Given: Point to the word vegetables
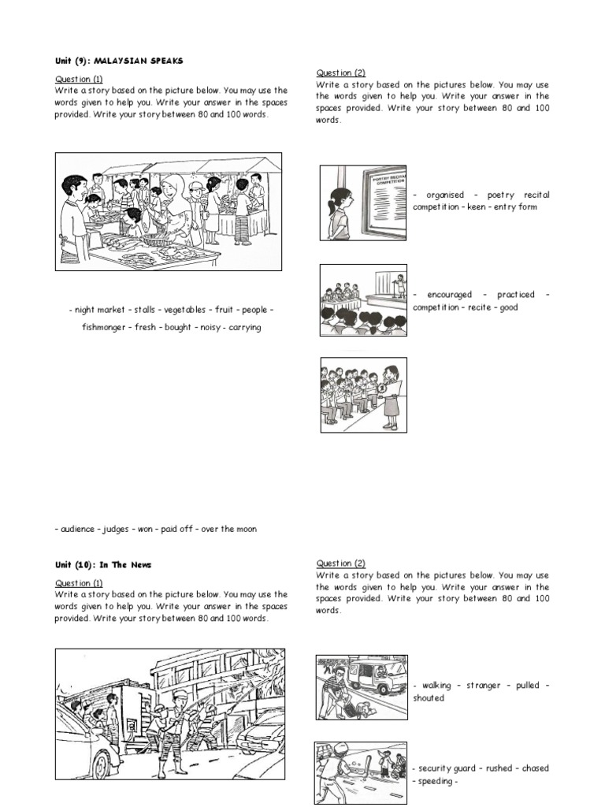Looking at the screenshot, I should (x=185, y=311).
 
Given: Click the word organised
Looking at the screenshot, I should (x=445, y=195).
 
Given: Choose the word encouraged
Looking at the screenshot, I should (x=450, y=295).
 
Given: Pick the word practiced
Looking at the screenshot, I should (x=516, y=295).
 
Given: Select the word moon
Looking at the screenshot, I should (x=245, y=529).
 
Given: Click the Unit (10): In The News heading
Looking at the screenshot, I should (x=103, y=565).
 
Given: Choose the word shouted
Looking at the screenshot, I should (x=429, y=698).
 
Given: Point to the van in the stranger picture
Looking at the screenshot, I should (x=377, y=675).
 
